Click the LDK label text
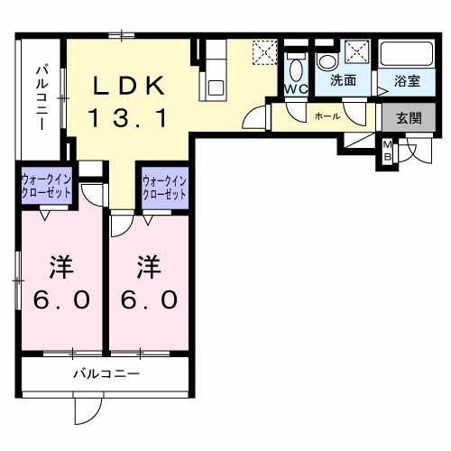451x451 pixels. [x=130, y=86]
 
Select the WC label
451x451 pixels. [x=296, y=89]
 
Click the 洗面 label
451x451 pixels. [x=343, y=80]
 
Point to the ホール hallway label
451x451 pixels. [x=327, y=116]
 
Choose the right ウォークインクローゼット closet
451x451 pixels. [x=164, y=189]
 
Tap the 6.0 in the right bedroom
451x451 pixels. [x=149, y=299]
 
